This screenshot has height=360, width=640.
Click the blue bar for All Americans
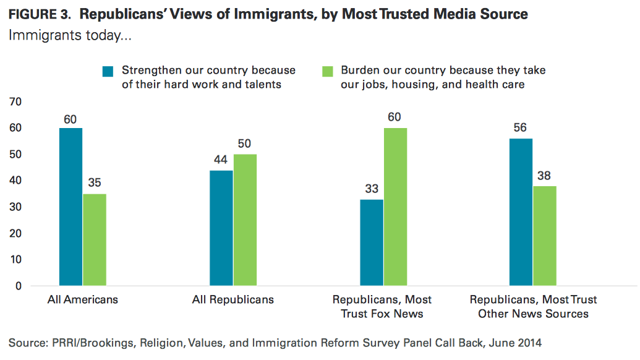click(x=70, y=207)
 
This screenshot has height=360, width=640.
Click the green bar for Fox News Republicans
click(x=396, y=207)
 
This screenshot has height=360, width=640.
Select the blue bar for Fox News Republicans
click(x=372, y=242)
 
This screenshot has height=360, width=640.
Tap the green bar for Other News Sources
click(x=545, y=236)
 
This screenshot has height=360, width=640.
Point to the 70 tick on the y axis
click(x=15, y=101)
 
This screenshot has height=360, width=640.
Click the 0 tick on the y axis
click(x=18, y=286)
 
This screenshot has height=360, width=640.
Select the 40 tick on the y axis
click(x=15, y=181)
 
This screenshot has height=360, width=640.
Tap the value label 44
click(x=221, y=160)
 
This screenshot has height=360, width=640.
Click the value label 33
click(x=372, y=189)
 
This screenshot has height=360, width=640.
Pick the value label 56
click(x=521, y=129)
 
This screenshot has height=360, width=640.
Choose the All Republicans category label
click(x=233, y=300)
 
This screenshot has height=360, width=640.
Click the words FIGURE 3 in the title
click(x=38, y=14)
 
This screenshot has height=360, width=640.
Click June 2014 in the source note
click(x=517, y=342)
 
